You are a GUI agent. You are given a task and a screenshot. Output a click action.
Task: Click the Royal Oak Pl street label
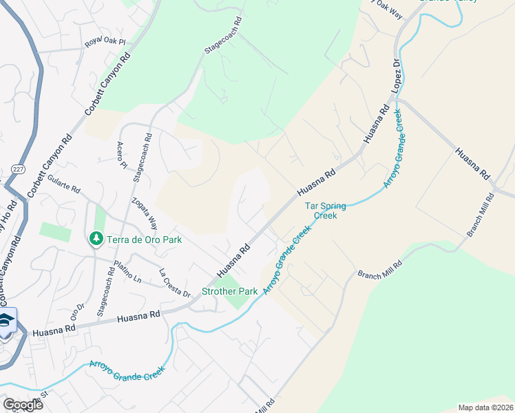[x=105, y=42]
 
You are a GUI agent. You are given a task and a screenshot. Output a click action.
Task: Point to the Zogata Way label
[x=146, y=216]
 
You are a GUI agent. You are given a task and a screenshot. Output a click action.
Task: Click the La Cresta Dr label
[x=175, y=282]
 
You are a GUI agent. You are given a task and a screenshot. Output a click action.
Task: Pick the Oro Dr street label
[x=78, y=311]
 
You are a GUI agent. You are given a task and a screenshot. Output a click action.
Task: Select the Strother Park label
[x=229, y=291]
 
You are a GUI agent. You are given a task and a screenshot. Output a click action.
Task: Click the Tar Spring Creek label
[x=325, y=210]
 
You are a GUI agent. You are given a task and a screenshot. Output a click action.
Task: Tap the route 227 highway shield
[x=18, y=169]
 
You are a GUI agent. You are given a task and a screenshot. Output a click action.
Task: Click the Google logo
[x=23, y=405]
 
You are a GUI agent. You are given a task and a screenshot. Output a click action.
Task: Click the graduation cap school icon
[x=6, y=321]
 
